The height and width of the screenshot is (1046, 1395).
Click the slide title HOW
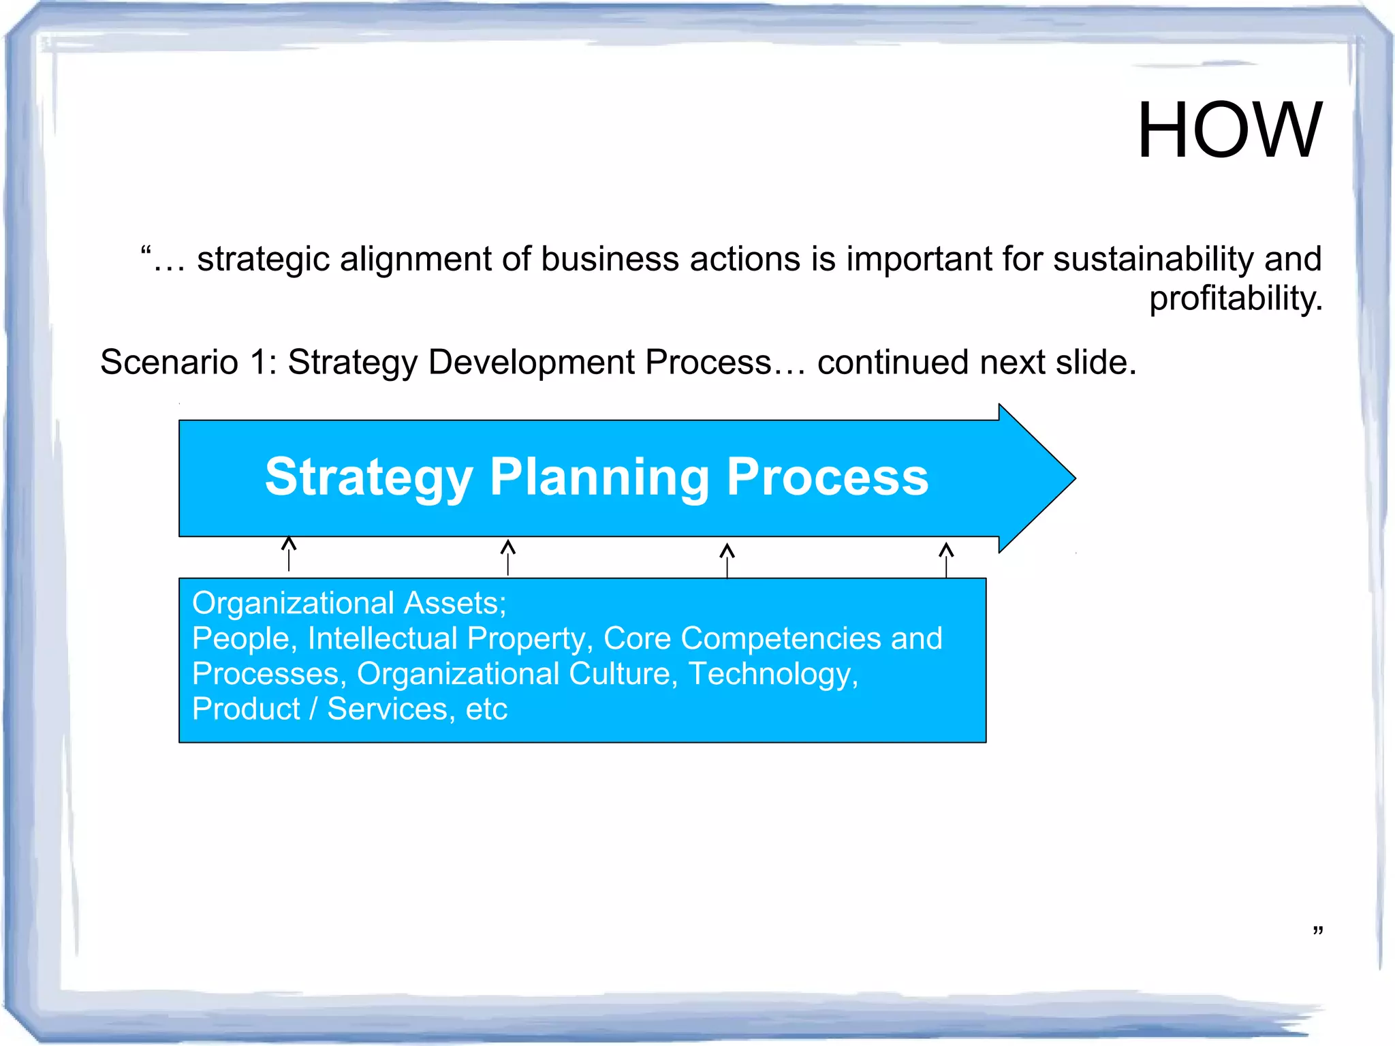[1229, 130]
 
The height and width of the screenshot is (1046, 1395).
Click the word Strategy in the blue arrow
[369, 477]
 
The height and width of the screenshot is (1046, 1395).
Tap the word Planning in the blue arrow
[599, 477]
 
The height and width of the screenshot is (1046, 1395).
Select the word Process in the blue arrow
[827, 477]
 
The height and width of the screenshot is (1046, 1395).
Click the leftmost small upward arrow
[289, 553]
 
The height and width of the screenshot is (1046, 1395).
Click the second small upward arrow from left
[508, 557]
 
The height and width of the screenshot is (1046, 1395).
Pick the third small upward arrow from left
[727, 559]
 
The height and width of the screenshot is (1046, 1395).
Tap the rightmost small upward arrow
[946, 559]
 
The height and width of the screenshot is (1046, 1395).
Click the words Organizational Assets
[348, 603]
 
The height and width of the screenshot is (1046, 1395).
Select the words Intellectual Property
[446, 639]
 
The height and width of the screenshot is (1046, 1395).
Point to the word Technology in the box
[772, 674]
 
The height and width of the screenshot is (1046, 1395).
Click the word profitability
[1235, 298]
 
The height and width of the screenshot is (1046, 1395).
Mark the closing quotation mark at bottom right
[1317, 931]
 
